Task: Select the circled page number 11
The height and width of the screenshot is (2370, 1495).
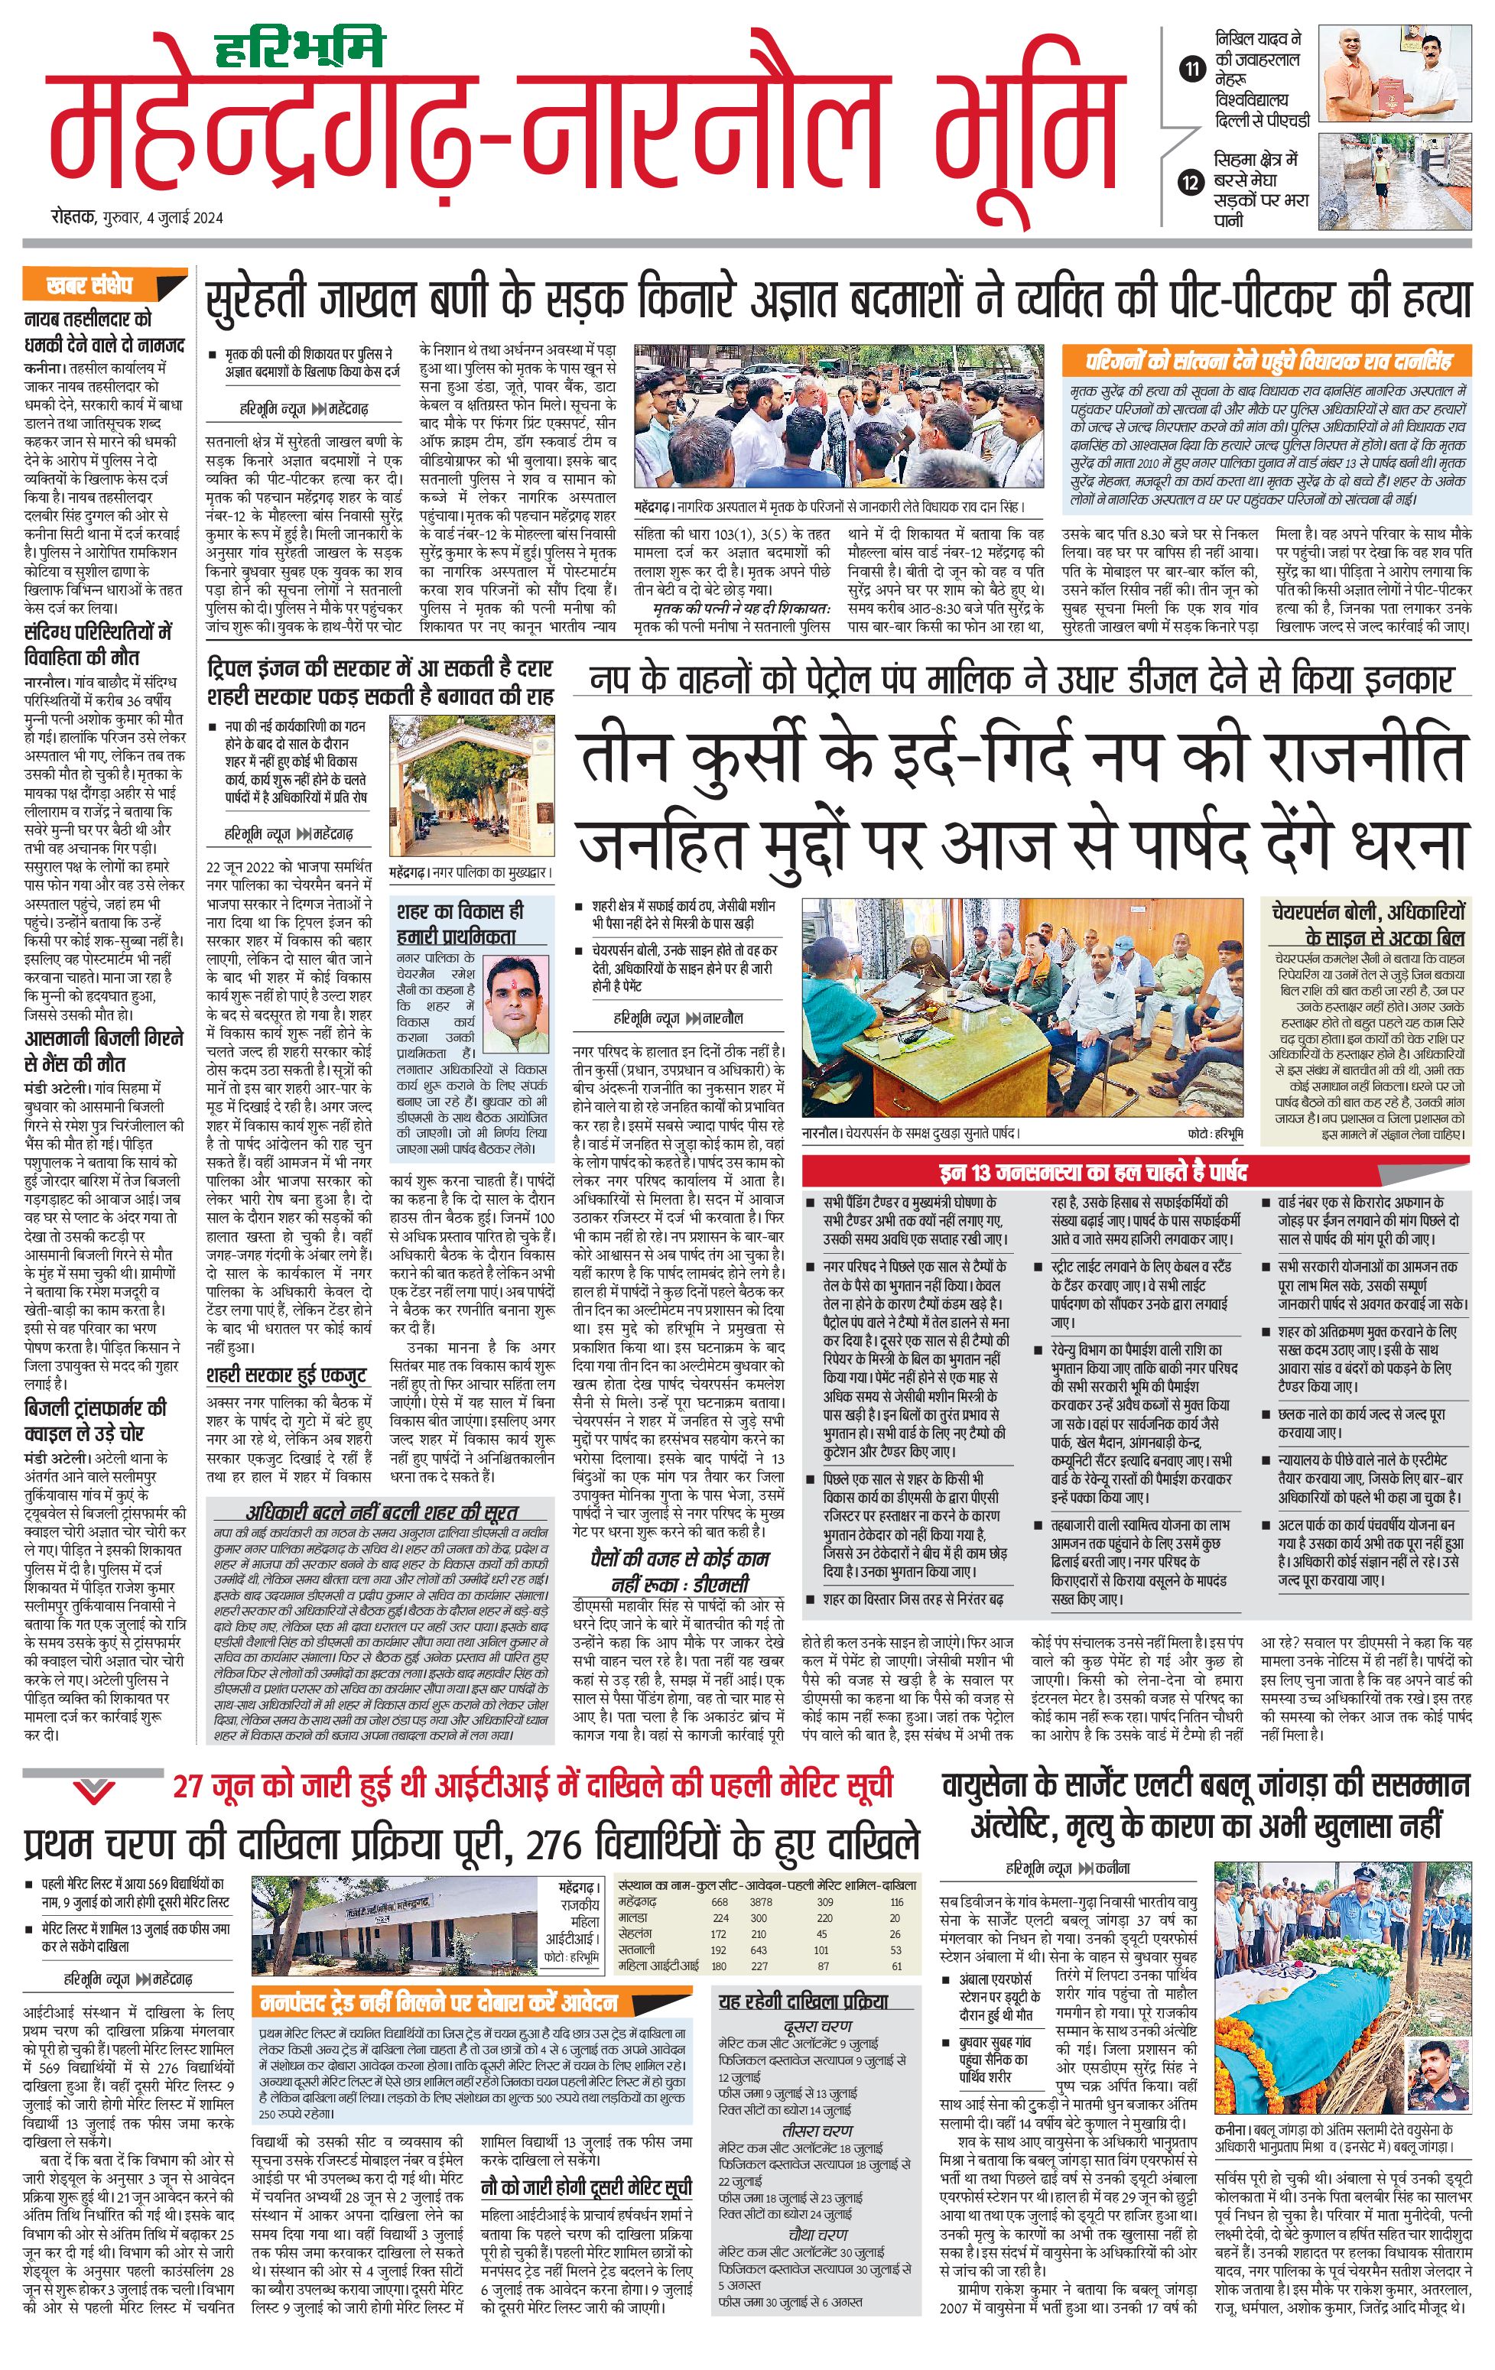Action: [1193, 69]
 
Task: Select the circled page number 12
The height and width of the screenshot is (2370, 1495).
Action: [1193, 182]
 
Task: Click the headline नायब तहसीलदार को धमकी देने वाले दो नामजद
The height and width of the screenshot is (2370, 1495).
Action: [104, 332]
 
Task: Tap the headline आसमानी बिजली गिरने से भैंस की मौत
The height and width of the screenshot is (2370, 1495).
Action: [103, 1051]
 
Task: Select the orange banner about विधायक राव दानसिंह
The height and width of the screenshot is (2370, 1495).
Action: [1269, 360]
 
